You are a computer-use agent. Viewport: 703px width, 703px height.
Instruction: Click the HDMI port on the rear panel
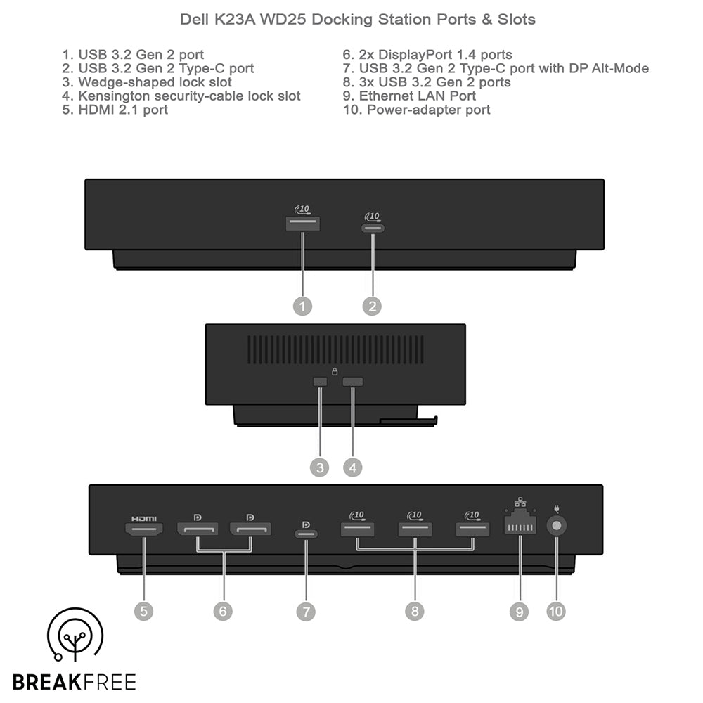coord(143,529)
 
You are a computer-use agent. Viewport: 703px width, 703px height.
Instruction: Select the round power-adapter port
coord(556,525)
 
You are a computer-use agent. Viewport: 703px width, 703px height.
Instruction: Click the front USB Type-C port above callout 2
coord(373,228)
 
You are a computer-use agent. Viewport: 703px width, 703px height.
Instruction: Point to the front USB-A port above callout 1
coord(302,224)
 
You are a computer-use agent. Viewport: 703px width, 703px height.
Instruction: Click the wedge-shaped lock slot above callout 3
coord(320,382)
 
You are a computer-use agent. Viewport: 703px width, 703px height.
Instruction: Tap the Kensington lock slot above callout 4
coord(352,382)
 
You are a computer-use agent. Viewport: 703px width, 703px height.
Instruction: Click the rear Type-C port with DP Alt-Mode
coord(307,534)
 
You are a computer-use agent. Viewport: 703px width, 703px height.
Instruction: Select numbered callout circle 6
coord(223,611)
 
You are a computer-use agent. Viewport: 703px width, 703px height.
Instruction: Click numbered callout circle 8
coord(415,611)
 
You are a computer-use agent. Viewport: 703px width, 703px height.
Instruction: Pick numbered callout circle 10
coord(556,611)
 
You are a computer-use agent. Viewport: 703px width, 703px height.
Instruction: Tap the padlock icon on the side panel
coord(335,371)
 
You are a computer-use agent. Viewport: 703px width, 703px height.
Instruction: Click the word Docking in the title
coord(342,20)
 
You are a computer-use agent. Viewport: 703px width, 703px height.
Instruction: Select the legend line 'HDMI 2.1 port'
coord(115,110)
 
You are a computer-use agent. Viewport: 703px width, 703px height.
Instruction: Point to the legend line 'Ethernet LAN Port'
coord(409,96)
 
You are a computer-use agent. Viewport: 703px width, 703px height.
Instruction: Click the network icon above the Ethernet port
coord(520,502)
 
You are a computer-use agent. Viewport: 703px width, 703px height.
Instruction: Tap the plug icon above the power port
coord(556,509)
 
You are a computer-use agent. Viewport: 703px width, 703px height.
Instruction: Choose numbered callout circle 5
coord(143,611)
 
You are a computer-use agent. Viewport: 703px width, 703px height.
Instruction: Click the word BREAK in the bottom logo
coord(46,682)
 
